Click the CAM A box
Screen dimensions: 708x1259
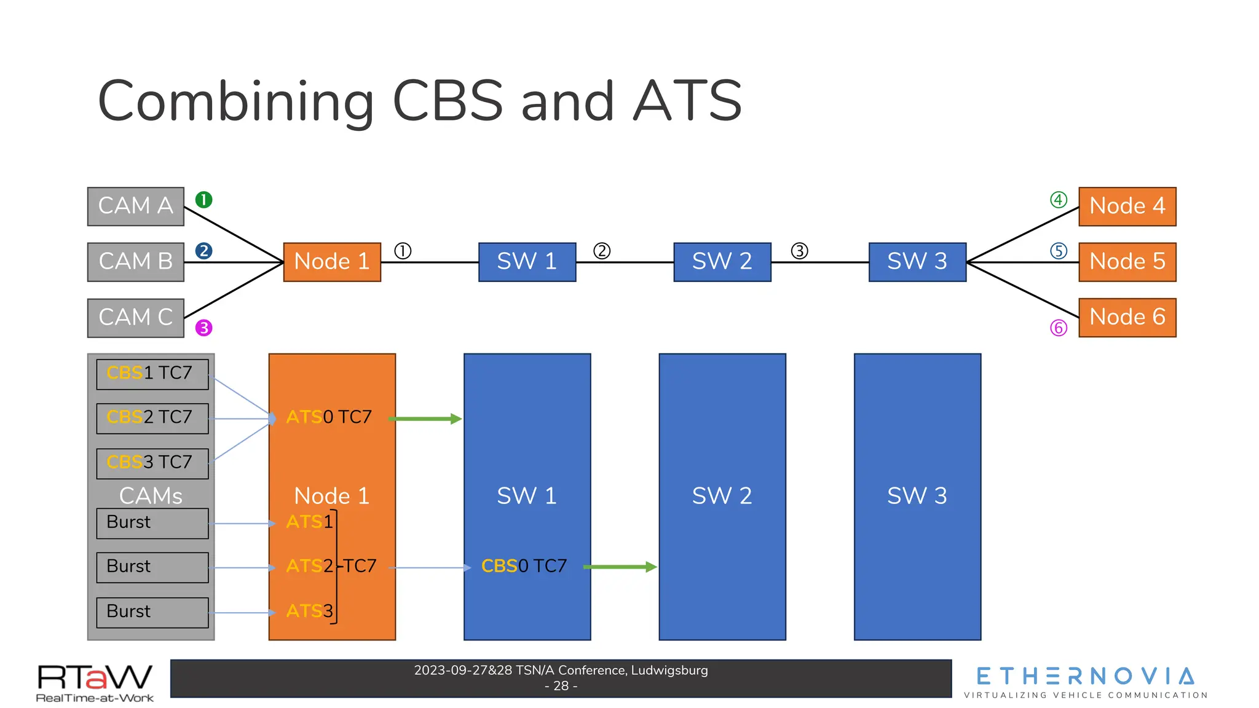tap(135, 206)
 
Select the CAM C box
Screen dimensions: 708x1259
tap(135, 318)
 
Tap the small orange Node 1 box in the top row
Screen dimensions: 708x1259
tap(332, 262)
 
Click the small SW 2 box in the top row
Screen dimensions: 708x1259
tap(722, 262)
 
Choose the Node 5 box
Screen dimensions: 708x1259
tap(1127, 262)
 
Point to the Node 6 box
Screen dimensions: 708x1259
tap(1127, 317)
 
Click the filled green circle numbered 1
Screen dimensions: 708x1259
tap(203, 200)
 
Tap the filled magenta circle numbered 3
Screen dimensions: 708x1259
tap(203, 328)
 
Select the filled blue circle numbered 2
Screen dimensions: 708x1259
tap(203, 251)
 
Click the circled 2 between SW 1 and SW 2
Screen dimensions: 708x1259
tap(602, 251)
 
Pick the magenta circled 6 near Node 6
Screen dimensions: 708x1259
tap(1058, 328)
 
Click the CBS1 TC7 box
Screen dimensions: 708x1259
tap(152, 374)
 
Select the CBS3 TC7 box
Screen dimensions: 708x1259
tap(152, 463)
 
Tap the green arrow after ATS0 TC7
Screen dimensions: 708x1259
tap(425, 419)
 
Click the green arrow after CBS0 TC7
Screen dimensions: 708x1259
tap(620, 567)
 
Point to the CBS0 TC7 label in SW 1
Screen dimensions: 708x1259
tap(524, 566)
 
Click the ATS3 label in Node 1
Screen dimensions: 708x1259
tap(309, 611)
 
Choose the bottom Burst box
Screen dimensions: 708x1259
tap(152, 612)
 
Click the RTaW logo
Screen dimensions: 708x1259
tap(95, 682)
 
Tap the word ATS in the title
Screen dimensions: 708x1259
tap(687, 101)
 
